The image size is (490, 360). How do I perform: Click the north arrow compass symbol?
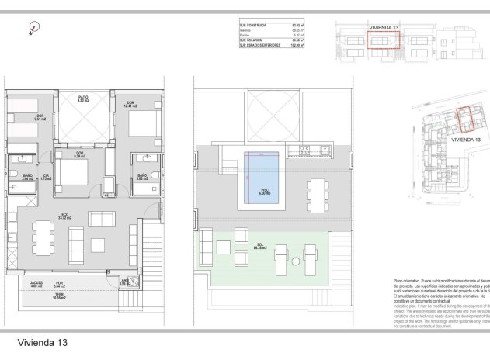(x=30, y=31)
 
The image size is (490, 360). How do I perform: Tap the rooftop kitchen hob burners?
(x=304, y=150)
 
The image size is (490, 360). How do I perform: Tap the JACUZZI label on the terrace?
(x=36, y=282)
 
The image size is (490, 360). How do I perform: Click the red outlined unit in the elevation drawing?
(x=384, y=40)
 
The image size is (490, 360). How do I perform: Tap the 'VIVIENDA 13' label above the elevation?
(x=384, y=27)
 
